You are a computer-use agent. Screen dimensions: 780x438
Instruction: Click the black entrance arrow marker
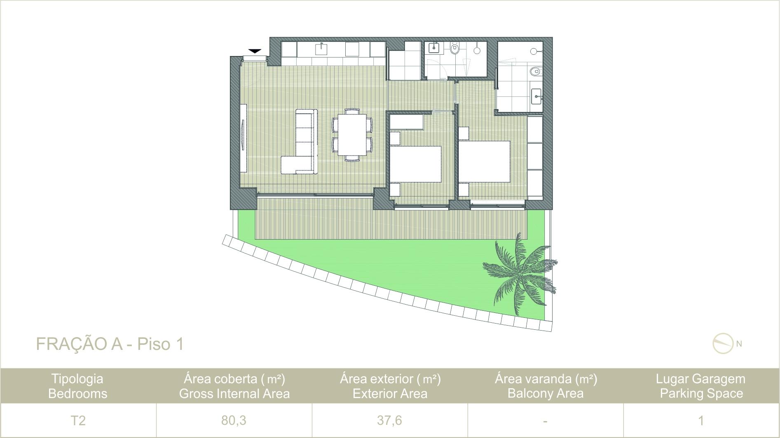tap(255, 51)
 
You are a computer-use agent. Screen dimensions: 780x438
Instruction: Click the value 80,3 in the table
tap(234, 420)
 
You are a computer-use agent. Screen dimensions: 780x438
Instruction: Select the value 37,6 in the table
tap(389, 420)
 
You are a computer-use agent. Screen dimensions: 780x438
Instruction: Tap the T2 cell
tap(78, 420)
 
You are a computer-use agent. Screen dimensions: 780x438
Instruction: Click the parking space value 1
tap(701, 420)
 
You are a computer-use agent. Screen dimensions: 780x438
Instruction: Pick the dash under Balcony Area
tap(545, 422)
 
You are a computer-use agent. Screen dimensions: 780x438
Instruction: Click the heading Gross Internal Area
tap(234, 394)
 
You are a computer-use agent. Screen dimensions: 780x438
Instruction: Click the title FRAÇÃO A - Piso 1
tap(110, 344)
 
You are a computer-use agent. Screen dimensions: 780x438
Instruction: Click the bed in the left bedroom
tap(416, 164)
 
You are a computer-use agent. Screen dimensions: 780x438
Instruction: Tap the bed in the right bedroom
tap(485, 161)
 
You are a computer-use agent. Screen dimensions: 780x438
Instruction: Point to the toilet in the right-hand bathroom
tap(535, 72)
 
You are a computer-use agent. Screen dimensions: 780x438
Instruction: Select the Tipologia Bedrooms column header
tap(77, 386)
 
